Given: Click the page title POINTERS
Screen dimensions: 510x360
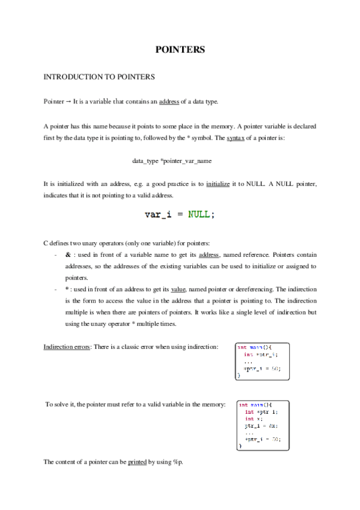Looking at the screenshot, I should (x=180, y=50).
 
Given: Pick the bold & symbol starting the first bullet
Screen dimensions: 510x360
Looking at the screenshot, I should (x=67, y=255).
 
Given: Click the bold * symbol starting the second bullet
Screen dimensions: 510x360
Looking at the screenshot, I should (x=67, y=289).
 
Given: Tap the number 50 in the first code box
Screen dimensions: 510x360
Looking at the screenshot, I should (x=273, y=368).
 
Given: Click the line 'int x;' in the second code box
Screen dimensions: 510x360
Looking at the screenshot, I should (x=253, y=419).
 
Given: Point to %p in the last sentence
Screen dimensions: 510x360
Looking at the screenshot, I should (x=177, y=462).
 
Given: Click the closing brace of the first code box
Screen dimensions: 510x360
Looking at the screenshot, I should (x=239, y=375).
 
